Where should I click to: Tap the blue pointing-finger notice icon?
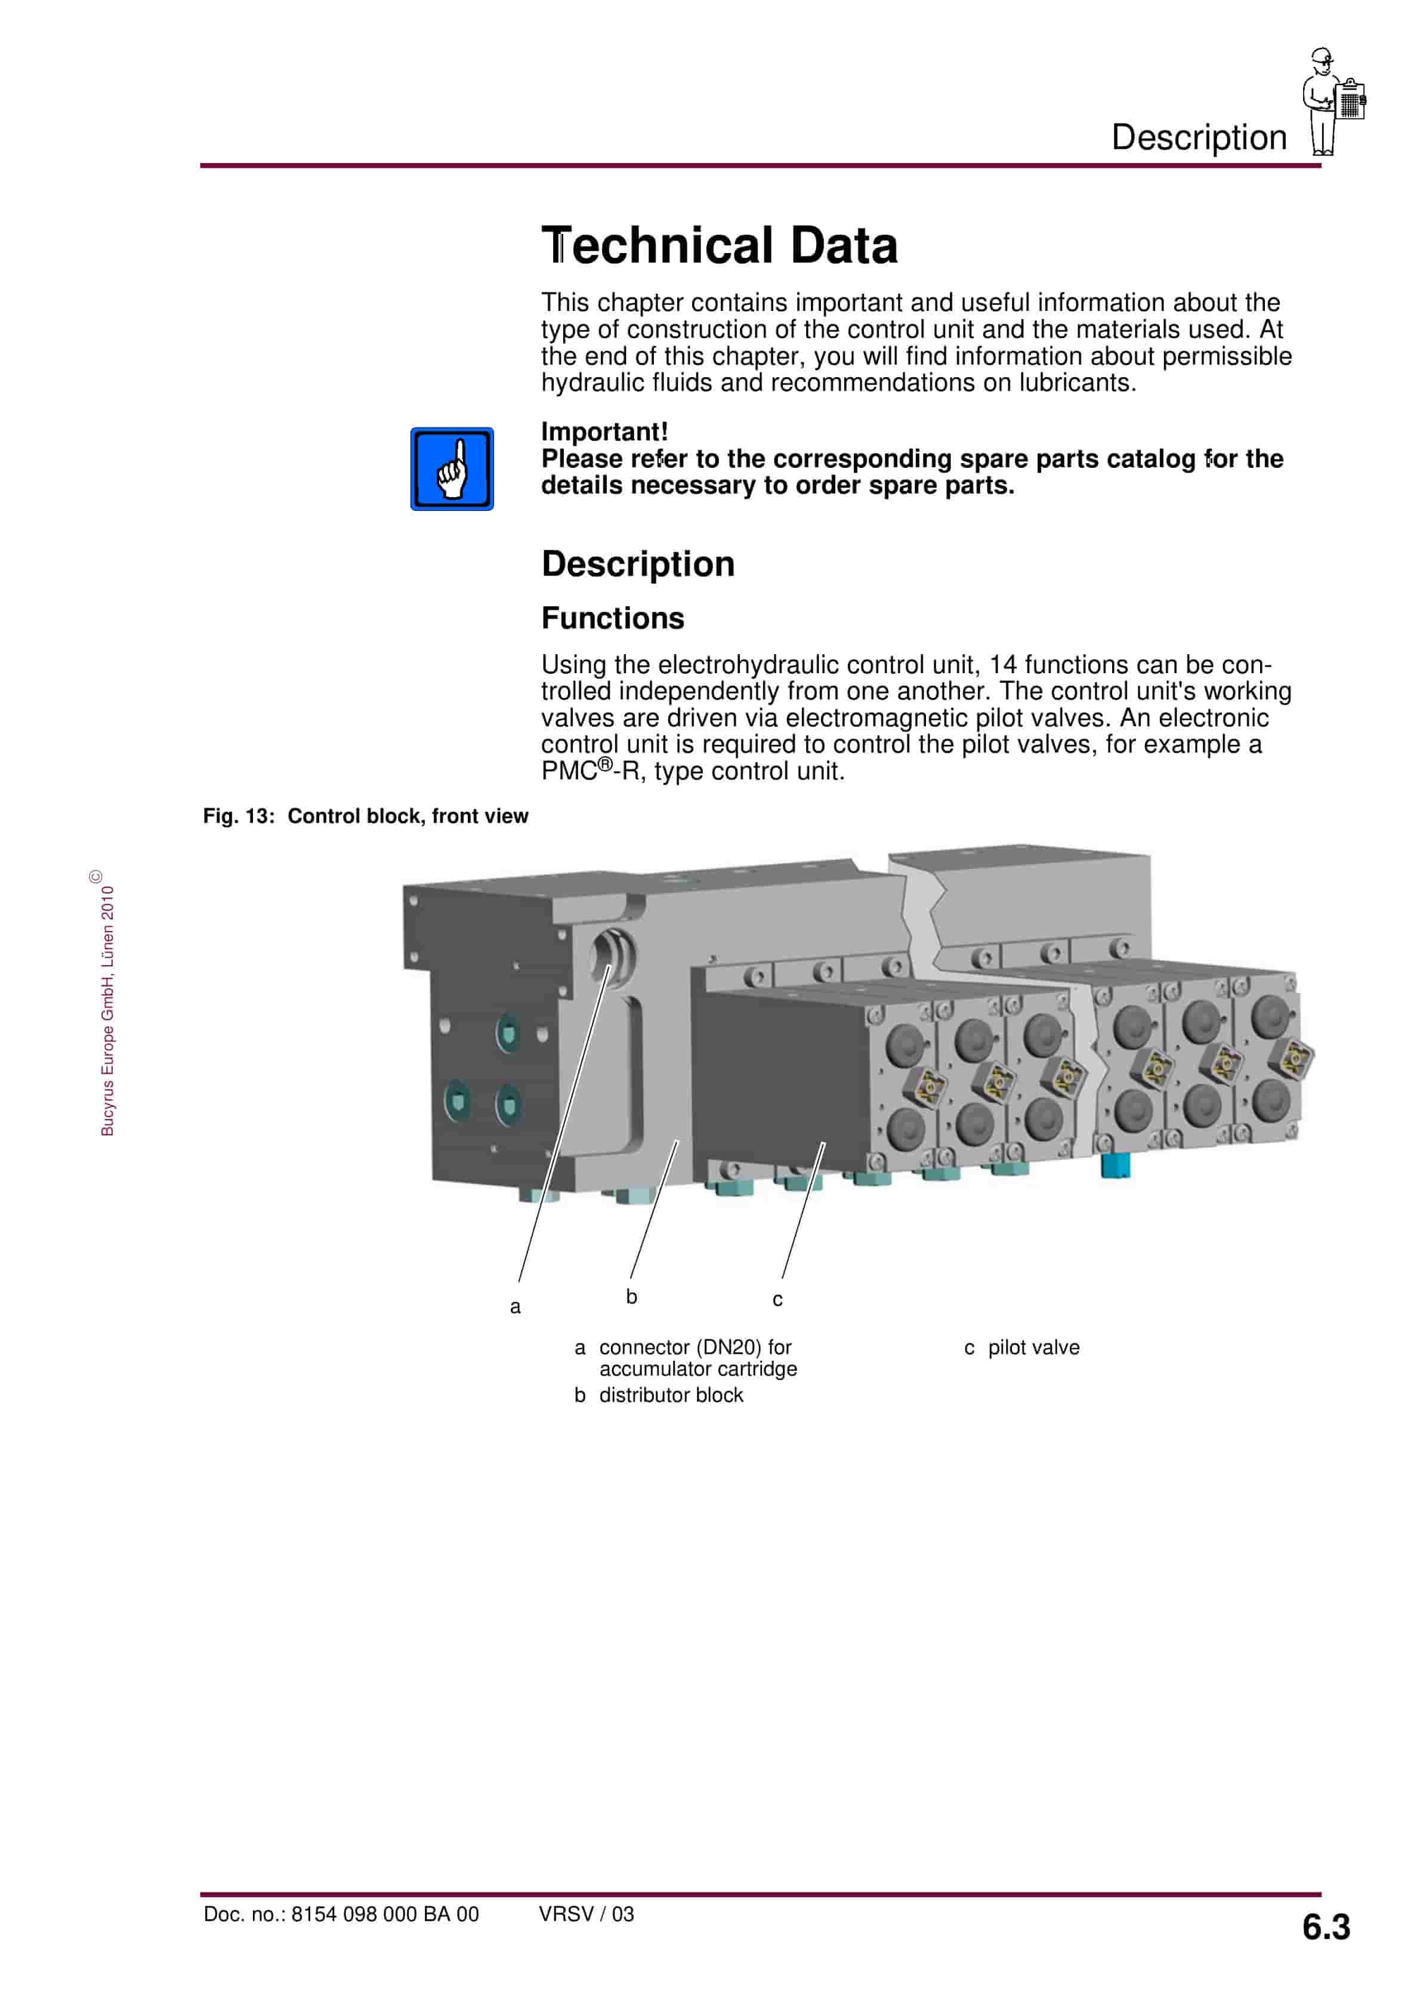pos(452,469)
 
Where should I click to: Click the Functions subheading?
pos(612,618)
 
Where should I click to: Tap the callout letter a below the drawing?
pos(515,1307)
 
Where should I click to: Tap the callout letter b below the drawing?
pos(631,1296)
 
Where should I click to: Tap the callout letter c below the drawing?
pos(777,1300)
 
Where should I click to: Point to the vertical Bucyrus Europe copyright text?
pos(107,1007)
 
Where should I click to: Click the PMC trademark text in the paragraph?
pos(569,771)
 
